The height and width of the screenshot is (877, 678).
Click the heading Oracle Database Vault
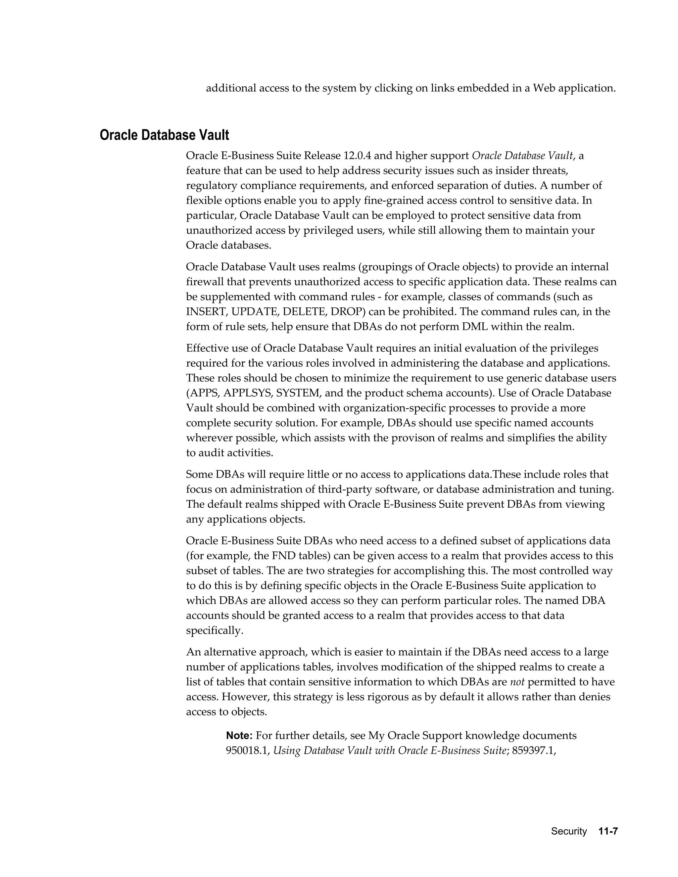click(164, 135)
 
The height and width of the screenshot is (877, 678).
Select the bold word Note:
click(239, 736)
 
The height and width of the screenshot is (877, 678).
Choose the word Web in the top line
click(543, 88)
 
